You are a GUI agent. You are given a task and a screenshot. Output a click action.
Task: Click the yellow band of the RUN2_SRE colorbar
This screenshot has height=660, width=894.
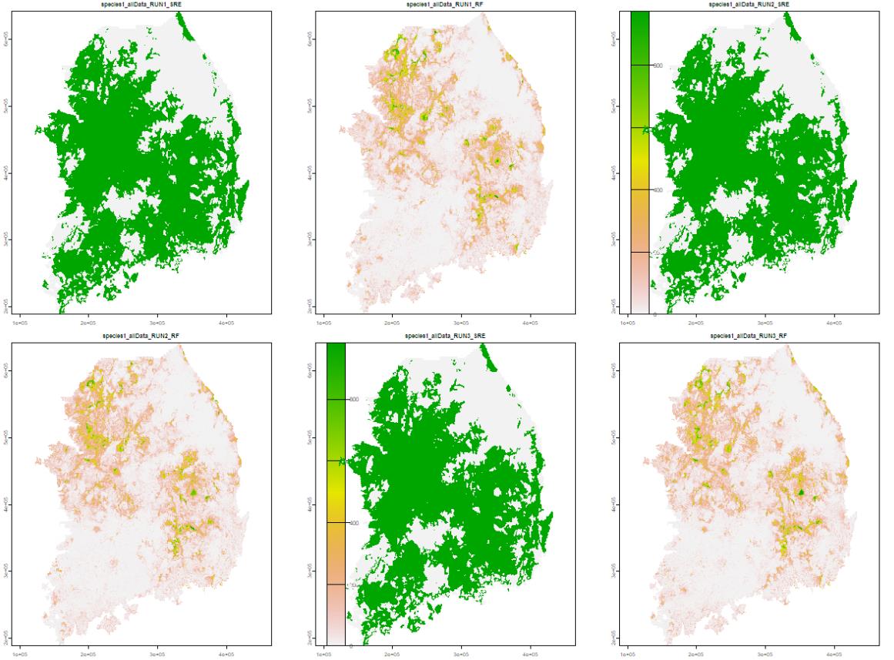tap(639, 158)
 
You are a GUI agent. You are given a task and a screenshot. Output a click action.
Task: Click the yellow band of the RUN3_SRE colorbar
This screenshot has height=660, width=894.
tap(335, 491)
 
